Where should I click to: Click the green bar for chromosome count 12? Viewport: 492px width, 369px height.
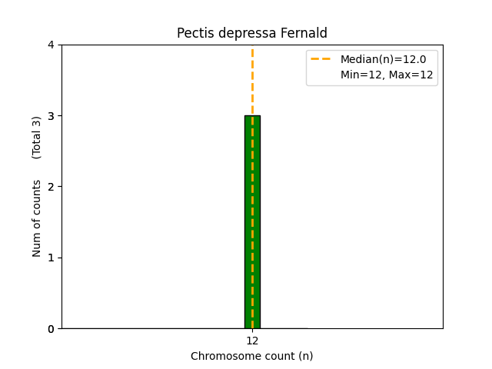(x=252, y=223)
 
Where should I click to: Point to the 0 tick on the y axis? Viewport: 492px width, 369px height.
(x=50, y=329)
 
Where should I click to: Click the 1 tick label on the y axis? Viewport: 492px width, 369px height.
(x=50, y=258)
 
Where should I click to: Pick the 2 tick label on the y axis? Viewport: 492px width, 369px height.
(x=50, y=187)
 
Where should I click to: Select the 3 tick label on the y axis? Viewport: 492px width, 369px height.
(x=50, y=116)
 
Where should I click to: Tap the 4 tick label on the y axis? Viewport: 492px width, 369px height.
(x=50, y=45)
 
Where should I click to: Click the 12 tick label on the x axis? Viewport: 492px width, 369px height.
(x=252, y=341)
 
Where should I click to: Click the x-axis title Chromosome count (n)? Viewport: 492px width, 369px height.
(x=252, y=356)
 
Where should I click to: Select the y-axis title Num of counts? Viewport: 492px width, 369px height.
(x=37, y=218)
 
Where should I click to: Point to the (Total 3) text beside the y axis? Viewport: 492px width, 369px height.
(x=37, y=138)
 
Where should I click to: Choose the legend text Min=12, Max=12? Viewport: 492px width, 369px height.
(x=387, y=75)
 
